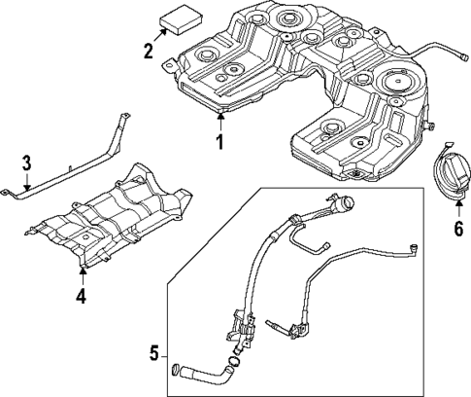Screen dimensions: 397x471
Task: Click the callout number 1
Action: (220, 142)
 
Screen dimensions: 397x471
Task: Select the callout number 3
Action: (27, 162)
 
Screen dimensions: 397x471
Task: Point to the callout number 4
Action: (82, 296)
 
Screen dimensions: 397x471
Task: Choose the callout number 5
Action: (152, 351)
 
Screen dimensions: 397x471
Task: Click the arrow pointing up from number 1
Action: (220, 121)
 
